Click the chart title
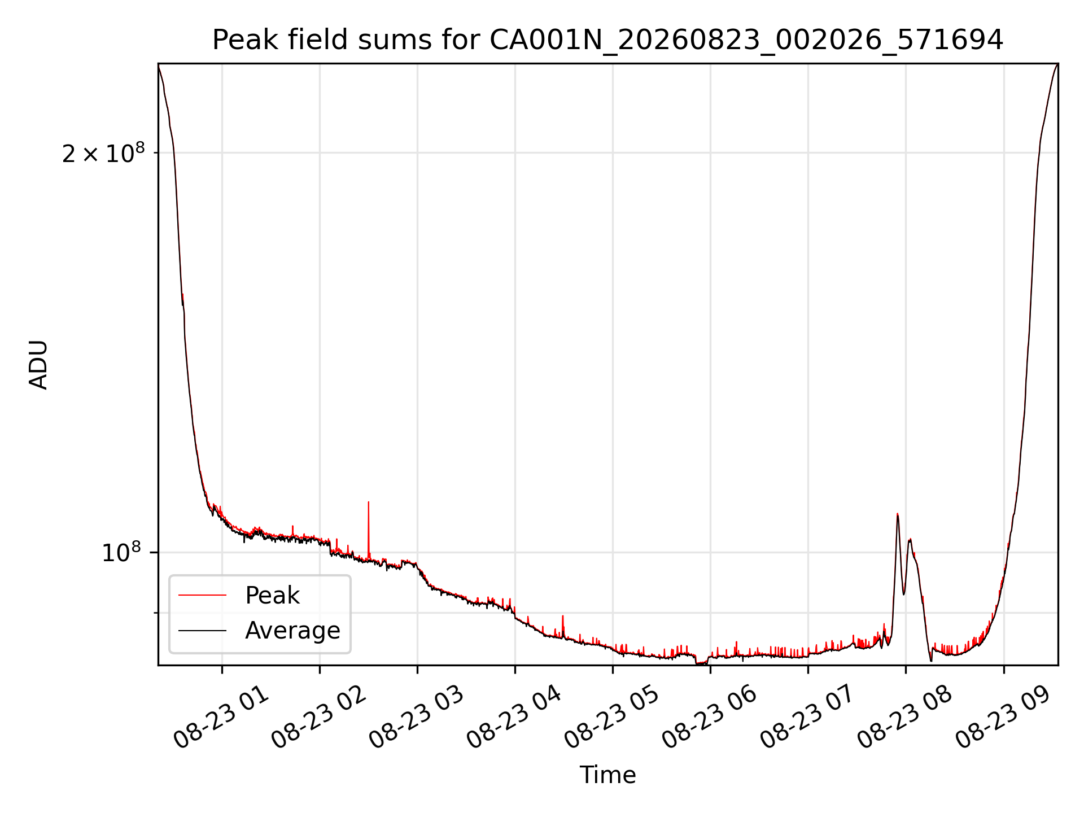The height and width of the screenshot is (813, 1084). tap(607, 40)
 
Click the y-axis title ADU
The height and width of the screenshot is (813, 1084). tap(38, 365)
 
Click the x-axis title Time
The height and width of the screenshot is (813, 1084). tap(607, 775)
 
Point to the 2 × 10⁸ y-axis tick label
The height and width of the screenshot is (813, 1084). tap(103, 154)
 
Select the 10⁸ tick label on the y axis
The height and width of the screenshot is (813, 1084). tap(123, 553)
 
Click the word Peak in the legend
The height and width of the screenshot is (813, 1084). tap(272, 596)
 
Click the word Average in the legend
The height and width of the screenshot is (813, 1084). tap(292, 631)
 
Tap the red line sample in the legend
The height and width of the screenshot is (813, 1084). tap(202, 595)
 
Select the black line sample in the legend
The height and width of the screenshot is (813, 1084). tap(202, 630)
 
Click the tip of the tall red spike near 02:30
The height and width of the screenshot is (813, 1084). tap(369, 501)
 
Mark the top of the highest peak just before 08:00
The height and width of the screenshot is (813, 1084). tap(898, 514)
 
